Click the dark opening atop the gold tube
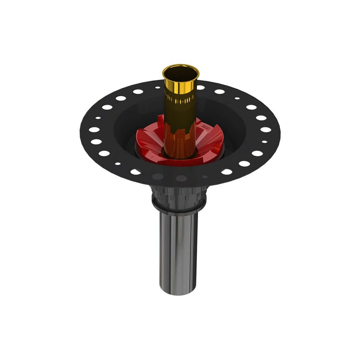coord(181,73)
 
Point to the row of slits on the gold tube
coord(181,100)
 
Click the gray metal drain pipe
coord(179,250)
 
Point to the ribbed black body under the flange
coord(179,195)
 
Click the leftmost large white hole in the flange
coord(94,130)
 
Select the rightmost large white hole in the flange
coord(265,130)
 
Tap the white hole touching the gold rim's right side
coord(201,87)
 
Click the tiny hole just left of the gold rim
coord(158,87)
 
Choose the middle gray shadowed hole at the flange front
coord(181,178)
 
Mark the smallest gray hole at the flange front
coord(205,177)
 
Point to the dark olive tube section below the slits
coord(180,113)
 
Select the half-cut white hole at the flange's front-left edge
coord(135,172)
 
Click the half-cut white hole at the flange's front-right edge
coord(227,171)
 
